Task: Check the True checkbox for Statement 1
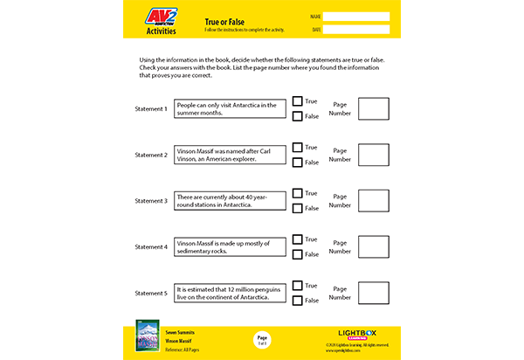click(298, 101)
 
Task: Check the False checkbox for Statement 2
click(298, 163)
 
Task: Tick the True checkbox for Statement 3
click(298, 193)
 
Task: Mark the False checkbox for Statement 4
click(298, 254)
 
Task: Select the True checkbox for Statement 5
click(298, 286)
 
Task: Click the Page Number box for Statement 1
click(374, 109)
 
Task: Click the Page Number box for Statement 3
click(374, 201)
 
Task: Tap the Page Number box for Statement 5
click(374, 294)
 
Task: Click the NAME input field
click(358, 16)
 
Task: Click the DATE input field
click(358, 29)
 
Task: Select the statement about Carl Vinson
click(231, 156)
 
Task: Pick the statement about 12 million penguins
click(231, 294)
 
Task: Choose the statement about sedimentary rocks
click(231, 247)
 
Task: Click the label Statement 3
click(151, 201)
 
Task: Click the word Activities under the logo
click(161, 31)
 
